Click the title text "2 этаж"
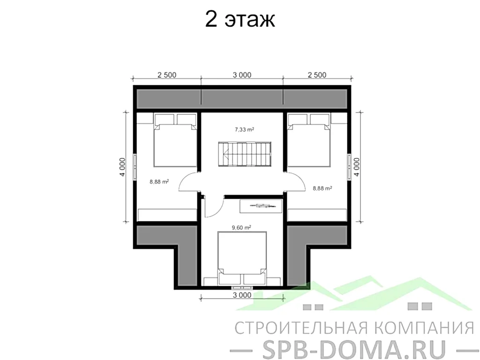click(x=240, y=21)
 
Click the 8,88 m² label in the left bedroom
click(x=159, y=182)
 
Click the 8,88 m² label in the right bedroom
click(x=322, y=188)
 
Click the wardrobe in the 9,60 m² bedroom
click(x=261, y=205)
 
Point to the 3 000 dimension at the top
click(x=242, y=75)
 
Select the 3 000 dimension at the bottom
click(x=242, y=295)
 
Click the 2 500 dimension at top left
click(x=167, y=75)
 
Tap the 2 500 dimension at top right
click(x=317, y=75)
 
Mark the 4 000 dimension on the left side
click(x=121, y=166)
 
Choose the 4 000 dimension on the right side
click(x=357, y=166)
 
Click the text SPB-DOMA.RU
click(x=347, y=347)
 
